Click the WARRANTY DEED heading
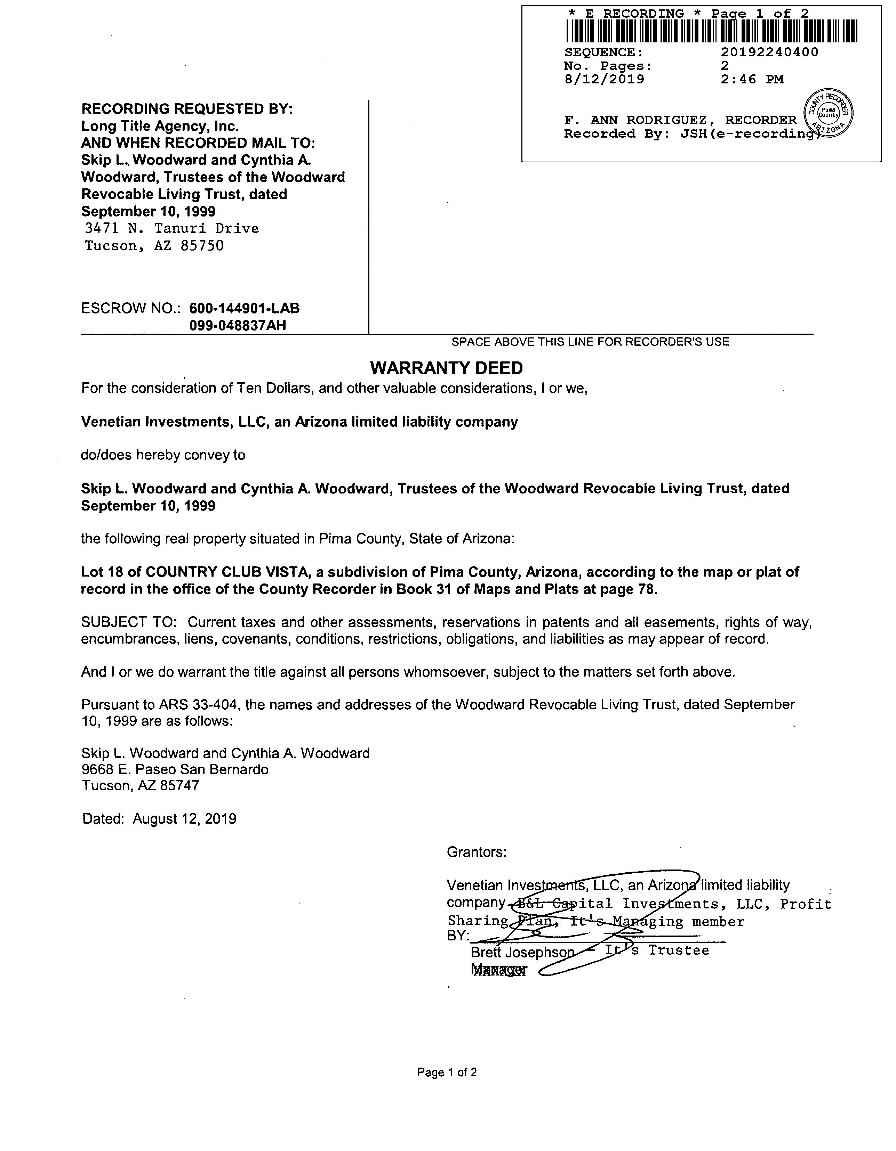(446, 368)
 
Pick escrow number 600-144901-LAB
(244, 308)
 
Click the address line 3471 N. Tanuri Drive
(172, 229)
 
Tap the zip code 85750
(202, 246)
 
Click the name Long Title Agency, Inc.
(160, 126)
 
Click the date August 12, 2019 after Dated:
(185, 818)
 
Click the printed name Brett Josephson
(522, 952)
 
